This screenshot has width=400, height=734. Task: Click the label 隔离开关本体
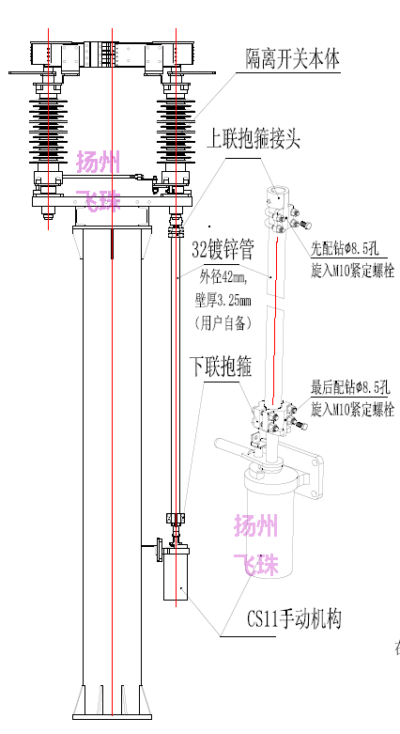[x=293, y=59]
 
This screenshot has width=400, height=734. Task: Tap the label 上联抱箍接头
[x=254, y=139]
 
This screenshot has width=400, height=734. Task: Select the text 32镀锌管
[x=223, y=250]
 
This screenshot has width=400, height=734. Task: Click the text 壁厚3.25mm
[x=223, y=300]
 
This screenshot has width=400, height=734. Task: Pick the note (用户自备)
[x=223, y=323]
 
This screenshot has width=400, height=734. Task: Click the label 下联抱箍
[x=221, y=367]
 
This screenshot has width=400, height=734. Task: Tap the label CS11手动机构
[x=294, y=619]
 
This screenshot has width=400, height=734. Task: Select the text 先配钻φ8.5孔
[x=345, y=249]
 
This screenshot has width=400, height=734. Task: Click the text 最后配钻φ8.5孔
[x=350, y=387]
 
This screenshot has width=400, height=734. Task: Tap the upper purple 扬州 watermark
[x=99, y=162]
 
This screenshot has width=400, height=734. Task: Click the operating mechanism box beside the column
[x=176, y=574]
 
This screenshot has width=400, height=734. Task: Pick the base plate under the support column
[x=113, y=717]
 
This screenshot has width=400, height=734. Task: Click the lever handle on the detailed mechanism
[x=234, y=446]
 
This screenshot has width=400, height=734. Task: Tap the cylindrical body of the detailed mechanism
[x=270, y=520]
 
